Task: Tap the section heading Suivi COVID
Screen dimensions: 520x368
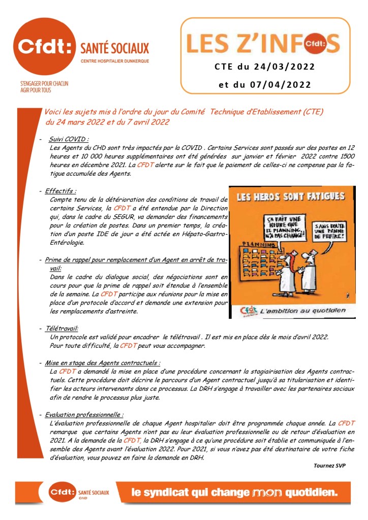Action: (x=69, y=139)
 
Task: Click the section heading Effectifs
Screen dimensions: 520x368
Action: (x=61, y=191)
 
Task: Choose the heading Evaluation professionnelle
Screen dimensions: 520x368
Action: (x=84, y=414)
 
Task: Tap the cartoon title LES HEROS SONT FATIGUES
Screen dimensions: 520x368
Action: (x=291, y=196)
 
